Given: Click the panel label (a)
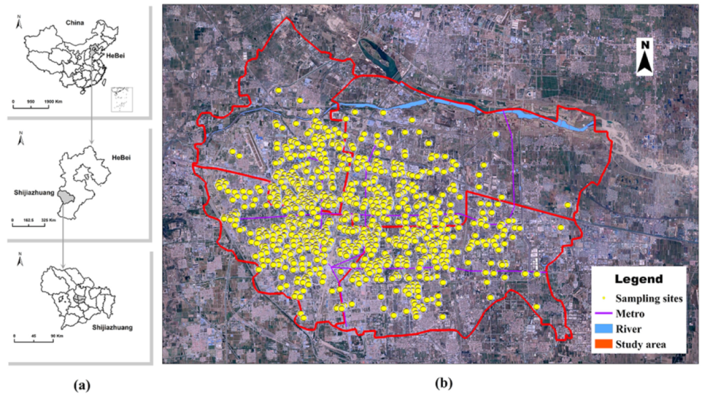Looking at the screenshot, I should (x=82, y=386).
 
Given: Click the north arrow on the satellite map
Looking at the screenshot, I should (x=645, y=57).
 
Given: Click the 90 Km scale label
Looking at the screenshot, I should (x=56, y=336).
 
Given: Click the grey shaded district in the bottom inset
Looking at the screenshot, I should (x=80, y=297).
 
